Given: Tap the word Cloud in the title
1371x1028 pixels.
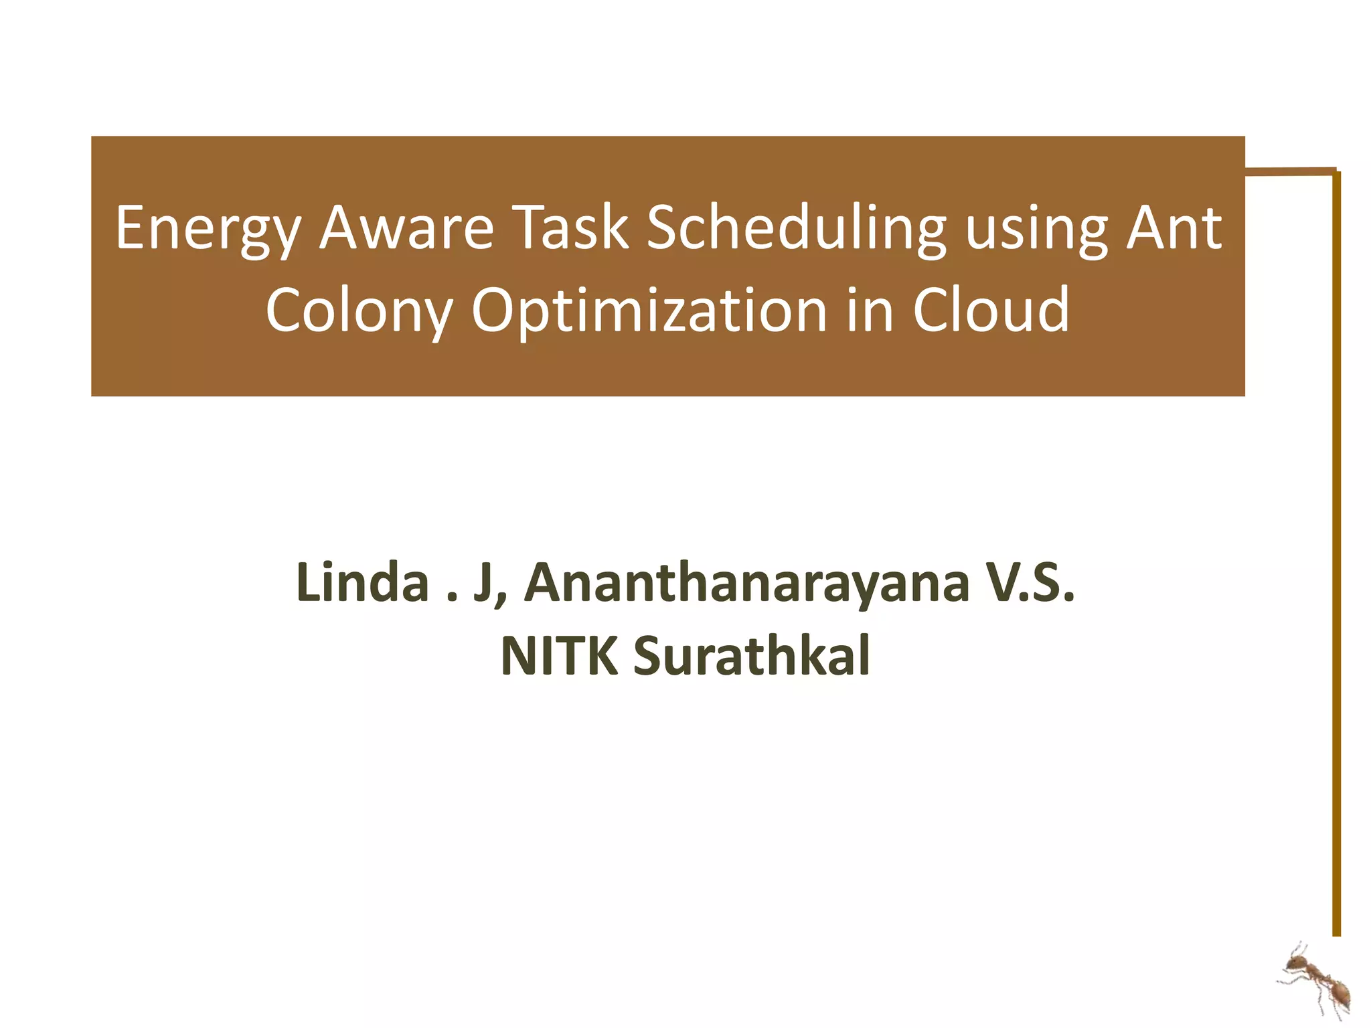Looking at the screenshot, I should [991, 310].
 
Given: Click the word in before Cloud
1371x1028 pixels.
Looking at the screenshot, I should [870, 310].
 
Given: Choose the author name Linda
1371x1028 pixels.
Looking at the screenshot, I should [362, 582].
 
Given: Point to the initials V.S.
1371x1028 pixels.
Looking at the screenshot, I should [1031, 582].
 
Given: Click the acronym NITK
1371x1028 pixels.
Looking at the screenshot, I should [559, 656].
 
